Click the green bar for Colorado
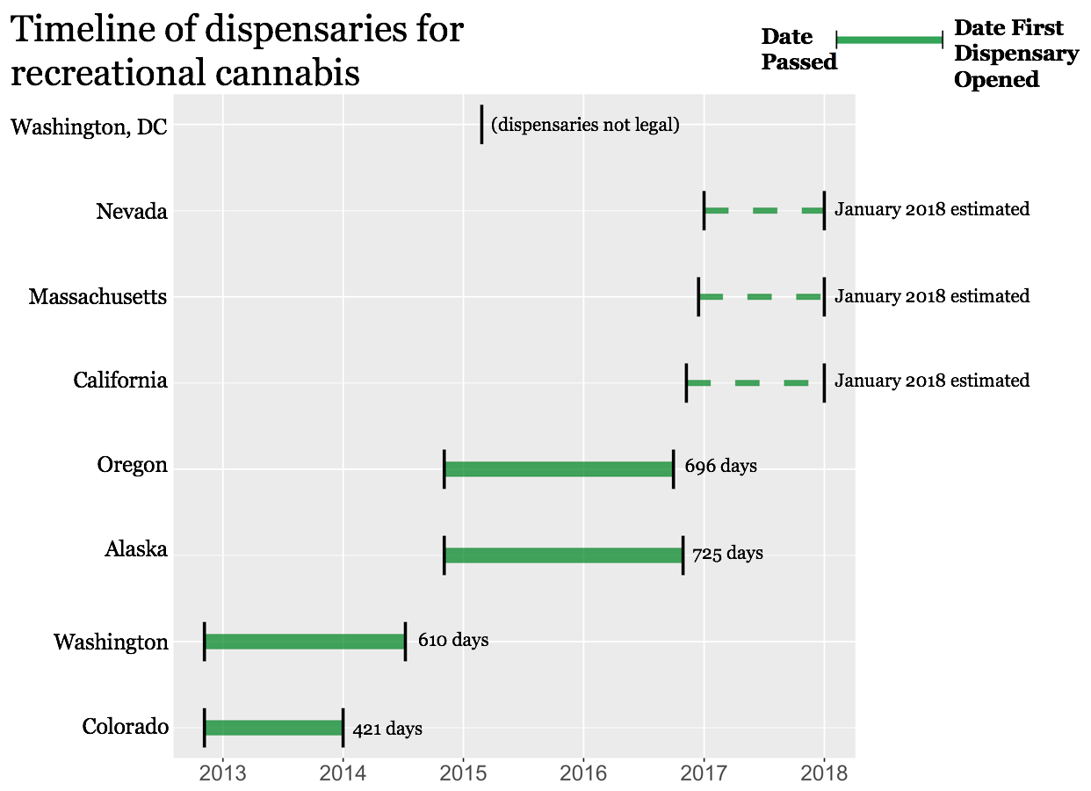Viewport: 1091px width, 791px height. pyautogui.click(x=273, y=728)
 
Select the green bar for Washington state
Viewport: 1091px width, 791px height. pyautogui.click(x=305, y=642)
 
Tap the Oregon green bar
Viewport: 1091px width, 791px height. pyautogui.click(x=559, y=468)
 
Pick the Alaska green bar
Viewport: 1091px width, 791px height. pyautogui.click(x=563, y=555)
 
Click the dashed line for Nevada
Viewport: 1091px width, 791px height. pyautogui.click(x=764, y=211)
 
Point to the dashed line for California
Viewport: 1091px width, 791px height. pyautogui.click(x=747, y=382)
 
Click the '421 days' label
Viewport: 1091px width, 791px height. pyautogui.click(x=387, y=729)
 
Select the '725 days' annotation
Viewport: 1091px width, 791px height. pyautogui.click(x=727, y=554)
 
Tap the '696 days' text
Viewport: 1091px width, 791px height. pyautogui.click(x=720, y=466)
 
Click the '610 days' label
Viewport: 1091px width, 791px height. pyautogui.click(x=453, y=640)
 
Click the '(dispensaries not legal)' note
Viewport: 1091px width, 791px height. pyautogui.click(x=585, y=125)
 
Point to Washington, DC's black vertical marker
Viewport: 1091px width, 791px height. pyautogui.click(x=481, y=124)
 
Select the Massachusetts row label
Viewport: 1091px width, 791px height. pyautogui.click(x=98, y=297)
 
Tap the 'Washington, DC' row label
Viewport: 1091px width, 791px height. pyautogui.click(x=89, y=127)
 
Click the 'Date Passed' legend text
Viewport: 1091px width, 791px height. pyautogui.click(x=798, y=49)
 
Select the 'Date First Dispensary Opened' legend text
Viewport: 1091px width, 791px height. pyautogui.click(x=1016, y=54)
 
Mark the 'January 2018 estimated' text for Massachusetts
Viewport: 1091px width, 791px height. pyautogui.click(x=932, y=296)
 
